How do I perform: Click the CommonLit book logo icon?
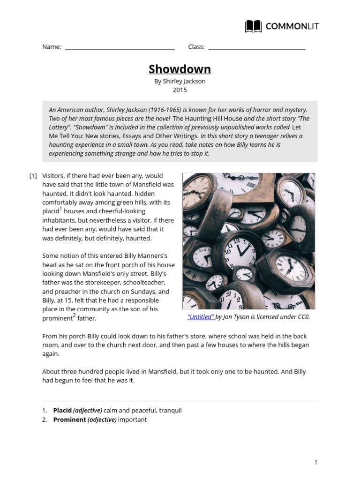pos(254,26)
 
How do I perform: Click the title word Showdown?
pos(180,69)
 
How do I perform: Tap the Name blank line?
pos(120,48)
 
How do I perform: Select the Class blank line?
pos(256,48)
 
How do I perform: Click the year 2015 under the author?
pos(180,90)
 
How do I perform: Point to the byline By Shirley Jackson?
pos(180,81)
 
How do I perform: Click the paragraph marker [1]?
pos(33,176)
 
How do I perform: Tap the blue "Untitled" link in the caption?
pos(201,317)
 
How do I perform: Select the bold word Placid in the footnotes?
pos(62,411)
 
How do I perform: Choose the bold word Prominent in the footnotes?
pos(69,420)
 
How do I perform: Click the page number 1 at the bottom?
pos(316,463)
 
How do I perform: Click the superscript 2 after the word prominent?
pos(74,315)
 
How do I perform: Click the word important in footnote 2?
pos(132,420)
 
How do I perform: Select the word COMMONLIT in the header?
pos(292,27)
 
